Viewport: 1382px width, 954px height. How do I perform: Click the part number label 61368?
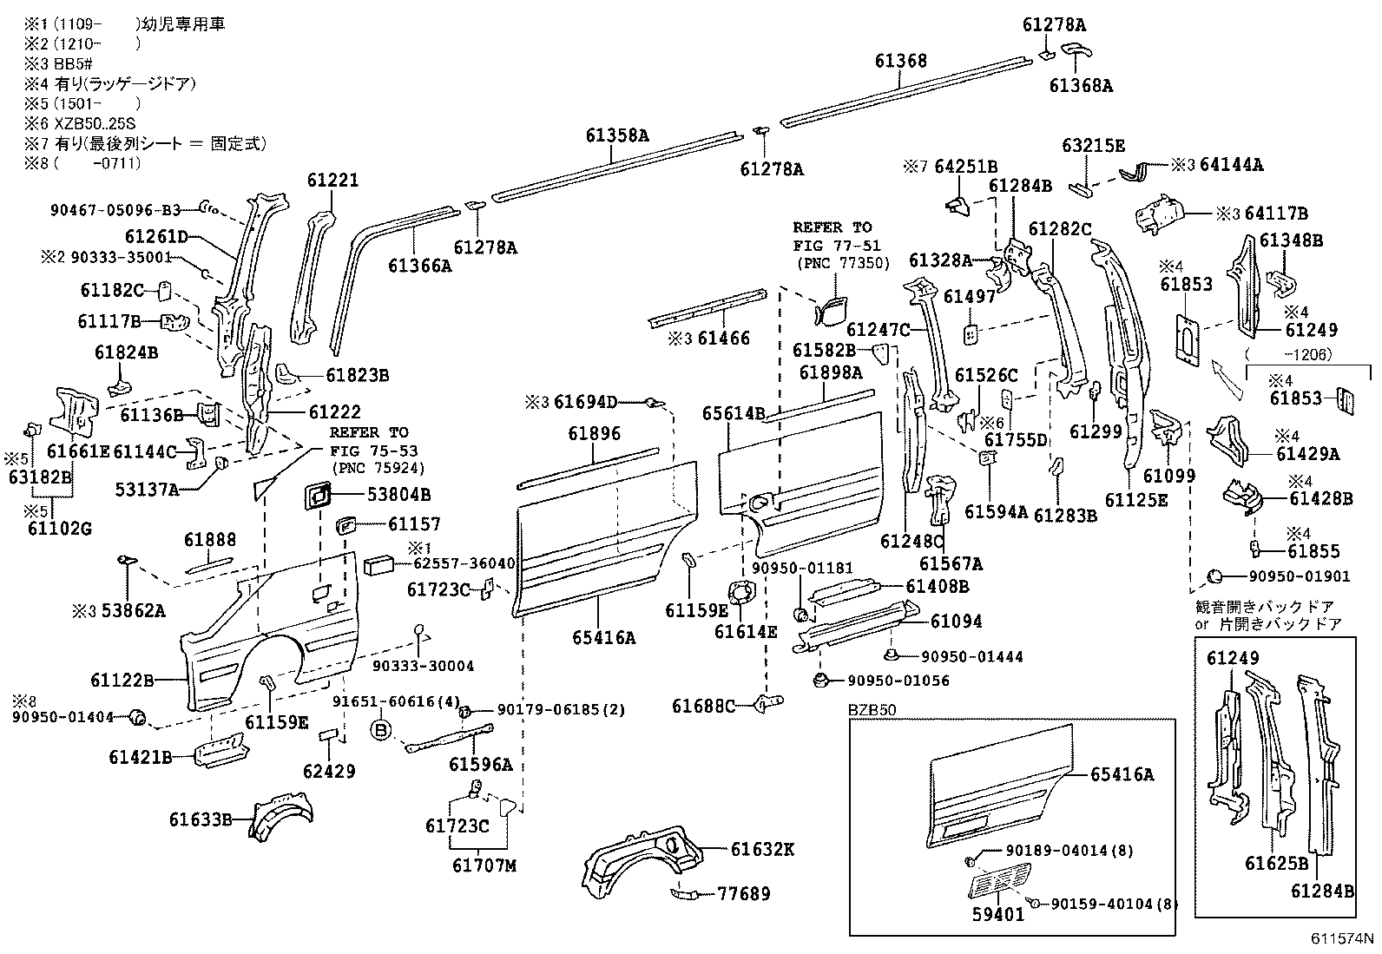[x=900, y=61]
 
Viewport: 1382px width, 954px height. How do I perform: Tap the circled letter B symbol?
[x=379, y=730]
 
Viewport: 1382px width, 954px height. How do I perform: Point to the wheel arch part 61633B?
[x=282, y=813]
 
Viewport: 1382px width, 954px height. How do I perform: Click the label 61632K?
[x=761, y=849]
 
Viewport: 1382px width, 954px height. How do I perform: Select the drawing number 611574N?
[x=1343, y=938]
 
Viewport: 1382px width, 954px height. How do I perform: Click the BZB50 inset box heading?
[x=871, y=710]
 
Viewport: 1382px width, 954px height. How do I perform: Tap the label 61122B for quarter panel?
[x=122, y=679]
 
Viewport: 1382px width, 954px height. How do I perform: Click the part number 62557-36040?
[x=460, y=563]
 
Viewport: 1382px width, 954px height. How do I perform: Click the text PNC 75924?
[x=375, y=468]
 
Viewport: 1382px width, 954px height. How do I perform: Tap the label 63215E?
[x=1093, y=146]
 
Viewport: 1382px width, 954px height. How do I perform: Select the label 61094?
[x=957, y=621]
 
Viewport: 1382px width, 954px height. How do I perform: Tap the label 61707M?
[x=483, y=865]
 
